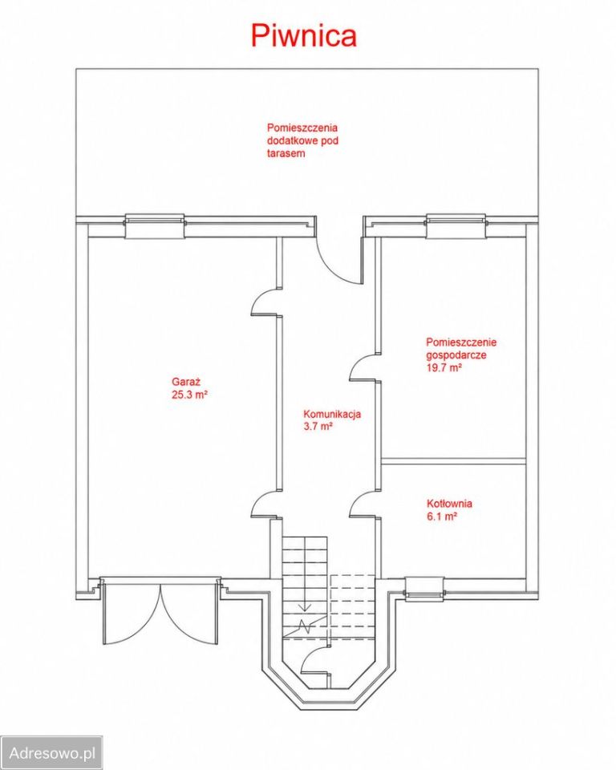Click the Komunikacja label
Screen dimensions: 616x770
click(332, 414)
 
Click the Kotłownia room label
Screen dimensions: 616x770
click(449, 504)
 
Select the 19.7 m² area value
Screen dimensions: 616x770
click(444, 367)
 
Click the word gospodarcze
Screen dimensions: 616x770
click(456, 355)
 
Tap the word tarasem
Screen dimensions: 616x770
click(286, 153)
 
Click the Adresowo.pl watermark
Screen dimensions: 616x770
click(52, 752)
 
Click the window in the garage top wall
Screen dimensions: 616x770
click(154, 226)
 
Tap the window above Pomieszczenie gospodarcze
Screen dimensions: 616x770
click(456, 226)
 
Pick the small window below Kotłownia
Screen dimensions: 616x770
click(425, 588)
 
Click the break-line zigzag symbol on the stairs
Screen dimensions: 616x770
click(306, 626)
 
